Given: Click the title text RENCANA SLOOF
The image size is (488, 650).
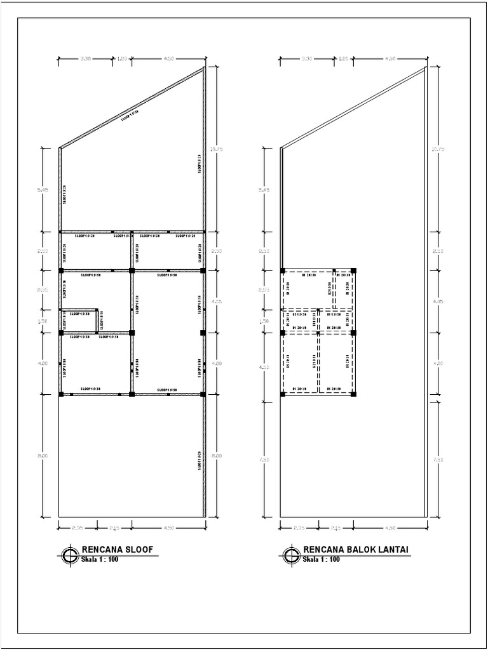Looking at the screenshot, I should (x=118, y=550).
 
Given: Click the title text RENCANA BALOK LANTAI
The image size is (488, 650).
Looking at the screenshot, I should (x=355, y=550).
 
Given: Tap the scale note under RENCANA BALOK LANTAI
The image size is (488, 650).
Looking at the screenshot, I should (x=322, y=559).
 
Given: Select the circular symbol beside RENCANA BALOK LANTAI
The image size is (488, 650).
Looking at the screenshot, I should (x=291, y=555).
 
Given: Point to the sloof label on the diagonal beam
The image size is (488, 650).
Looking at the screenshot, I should (x=130, y=116).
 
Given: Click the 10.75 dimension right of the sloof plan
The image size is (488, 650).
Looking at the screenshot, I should (x=217, y=150).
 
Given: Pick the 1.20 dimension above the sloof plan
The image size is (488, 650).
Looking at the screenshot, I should (x=122, y=58).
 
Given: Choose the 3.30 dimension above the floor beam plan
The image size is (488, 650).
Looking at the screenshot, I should (x=306, y=58).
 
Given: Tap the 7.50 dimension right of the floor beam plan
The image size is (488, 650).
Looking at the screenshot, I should (x=438, y=459).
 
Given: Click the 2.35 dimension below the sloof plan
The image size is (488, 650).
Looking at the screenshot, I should (x=77, y=527).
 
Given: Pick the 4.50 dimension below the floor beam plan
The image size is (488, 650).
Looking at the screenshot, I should (x=390, y=527).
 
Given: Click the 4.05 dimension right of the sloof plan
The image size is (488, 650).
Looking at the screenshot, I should (x=217, y=302).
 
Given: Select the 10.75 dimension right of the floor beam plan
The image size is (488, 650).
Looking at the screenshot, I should (x=438, y=150).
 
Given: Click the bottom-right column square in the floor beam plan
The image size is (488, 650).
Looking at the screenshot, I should (x=353, y=394).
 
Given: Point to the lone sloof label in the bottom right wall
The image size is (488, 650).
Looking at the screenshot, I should (x=199, y=459).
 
